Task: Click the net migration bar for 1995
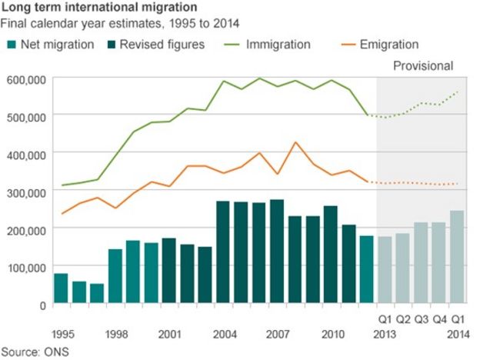[x=61, y=288]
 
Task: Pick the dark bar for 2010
[x=331, y=255]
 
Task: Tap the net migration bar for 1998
[x=115, y=276]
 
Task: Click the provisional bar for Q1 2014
[x=457, y=257]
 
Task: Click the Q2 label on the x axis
[x=403, y=318]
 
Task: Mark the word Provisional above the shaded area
[x=423, y=66]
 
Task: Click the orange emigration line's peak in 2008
[x=295, y=142]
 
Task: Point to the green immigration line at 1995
[x=62, y=185]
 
